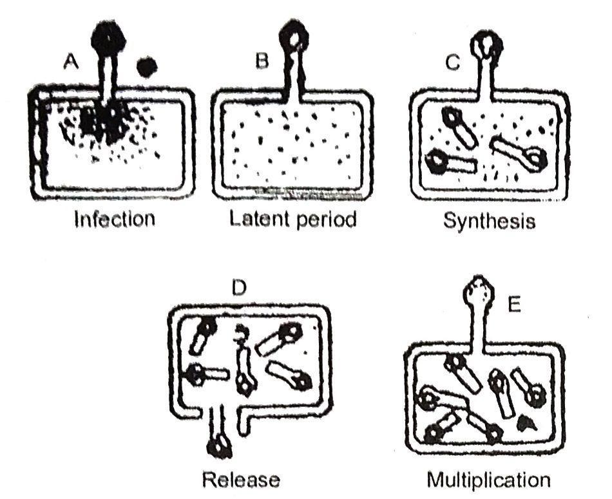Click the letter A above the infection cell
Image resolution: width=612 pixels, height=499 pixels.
coord(72,62)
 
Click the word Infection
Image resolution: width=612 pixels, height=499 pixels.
coord(114,219)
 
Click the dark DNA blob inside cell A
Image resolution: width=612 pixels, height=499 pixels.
coord(103,122)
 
